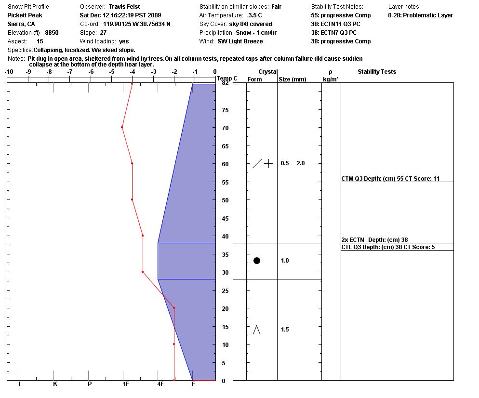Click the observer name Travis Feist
pyautogui.click(x=124, y=7)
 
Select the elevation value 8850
pyautogui.click(x=52, y=33)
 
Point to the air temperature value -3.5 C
pyautogui.click(x=254, y=15)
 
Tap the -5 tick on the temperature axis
pyautogui.click(x=112, y=72)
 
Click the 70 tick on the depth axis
pyautogui.click(x=225, y=128)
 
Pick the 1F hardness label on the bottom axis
pyautogui.click(x=126, y=384)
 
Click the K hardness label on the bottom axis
pyautogui.click(x=55, y=384)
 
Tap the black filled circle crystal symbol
pyautogui.click(x=257, y=261)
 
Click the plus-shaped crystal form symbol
pyautogui.click(x=269, y=163)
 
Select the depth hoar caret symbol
pyautogui.click(x=257, y=330)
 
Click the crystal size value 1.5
pyautogui.click(x=285, y=330)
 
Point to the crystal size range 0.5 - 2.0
pyautogui.click(x=293, y=163)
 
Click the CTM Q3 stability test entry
pyautogui.click(x=390, y=179)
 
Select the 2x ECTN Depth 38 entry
pyautogui.click(x=374, y=239)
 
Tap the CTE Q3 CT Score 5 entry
pyautogui.click(x=388, y=247)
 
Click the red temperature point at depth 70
pyautogui.click(x=122, y=127)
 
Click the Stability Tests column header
pyautogui.click(x=376, y=72)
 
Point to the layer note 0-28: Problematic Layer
pyautogui.click(x=420, y=15)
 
